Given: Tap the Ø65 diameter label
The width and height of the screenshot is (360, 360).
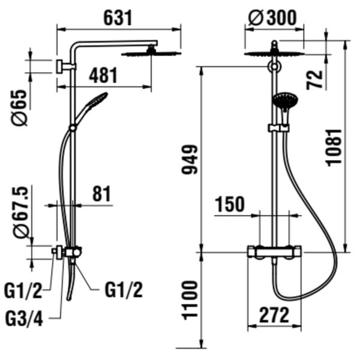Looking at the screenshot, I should click(x=20, y=107).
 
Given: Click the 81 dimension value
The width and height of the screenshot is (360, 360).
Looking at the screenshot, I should click(x=101, y=194).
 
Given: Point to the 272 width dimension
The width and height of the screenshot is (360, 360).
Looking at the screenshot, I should click(x=272, y=314).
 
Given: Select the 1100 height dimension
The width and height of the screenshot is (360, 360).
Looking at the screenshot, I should click(x=190, y=300).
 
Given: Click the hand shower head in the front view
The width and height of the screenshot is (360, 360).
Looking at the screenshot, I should click(x=284, y=101).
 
